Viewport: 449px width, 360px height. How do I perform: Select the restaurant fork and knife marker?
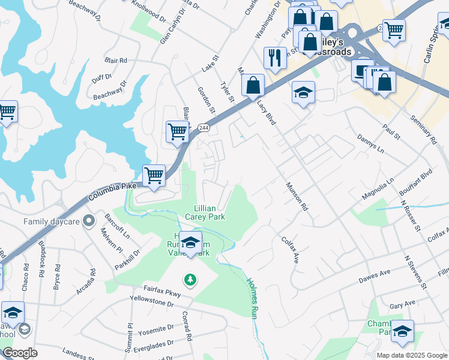(x=275, y=58)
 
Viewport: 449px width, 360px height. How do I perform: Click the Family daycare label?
(x=52, y=221)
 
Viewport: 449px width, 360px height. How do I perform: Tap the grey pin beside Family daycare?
(x=89, y=221)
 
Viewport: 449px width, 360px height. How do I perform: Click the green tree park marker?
(x=190, y=279)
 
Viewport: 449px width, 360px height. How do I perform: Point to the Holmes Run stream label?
(x=253, y=296)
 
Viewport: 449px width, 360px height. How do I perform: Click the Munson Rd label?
(x=297, y=197)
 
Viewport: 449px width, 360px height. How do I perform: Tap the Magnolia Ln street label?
(x=378, y=188)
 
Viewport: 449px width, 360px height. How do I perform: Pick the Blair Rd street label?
(x=116, y=61)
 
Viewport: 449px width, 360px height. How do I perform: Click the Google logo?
(x=20, y=353)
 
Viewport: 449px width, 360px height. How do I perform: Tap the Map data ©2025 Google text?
(x=411, y=355)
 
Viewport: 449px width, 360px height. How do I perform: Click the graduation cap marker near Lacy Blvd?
(x=304, y=93)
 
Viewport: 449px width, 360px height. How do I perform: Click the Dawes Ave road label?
(x=375, y=277)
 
